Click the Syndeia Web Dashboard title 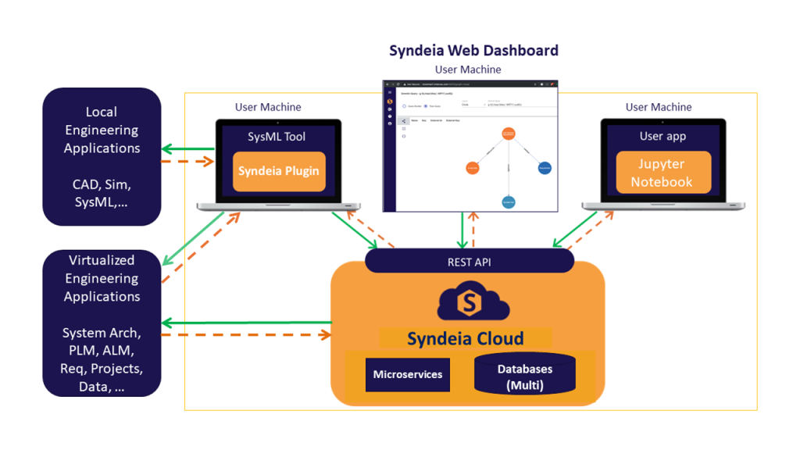[473, 51]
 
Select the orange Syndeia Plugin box [279, 171]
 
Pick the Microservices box [407, 374]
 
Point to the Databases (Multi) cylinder [524, 375]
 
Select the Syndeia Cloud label [466, 338]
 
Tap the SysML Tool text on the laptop [277, 137]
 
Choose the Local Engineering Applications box [102, 156]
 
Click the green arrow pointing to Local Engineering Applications [187, 149]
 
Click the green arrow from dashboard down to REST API [463, 230]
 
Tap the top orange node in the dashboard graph [508, 134]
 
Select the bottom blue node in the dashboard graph [509, 202]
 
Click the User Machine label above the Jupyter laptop [658, 107]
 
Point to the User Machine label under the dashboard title [468, 70]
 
